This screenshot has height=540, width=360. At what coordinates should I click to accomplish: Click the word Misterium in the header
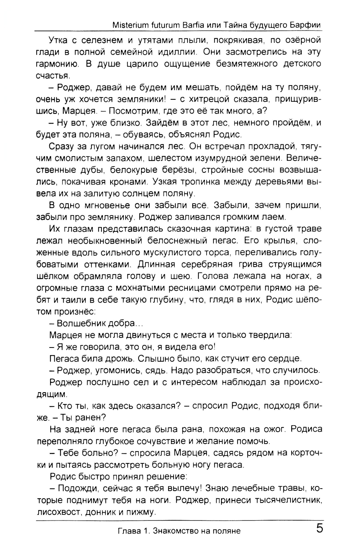pos(129,26)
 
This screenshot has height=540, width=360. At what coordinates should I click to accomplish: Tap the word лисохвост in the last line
pos(60,512)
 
